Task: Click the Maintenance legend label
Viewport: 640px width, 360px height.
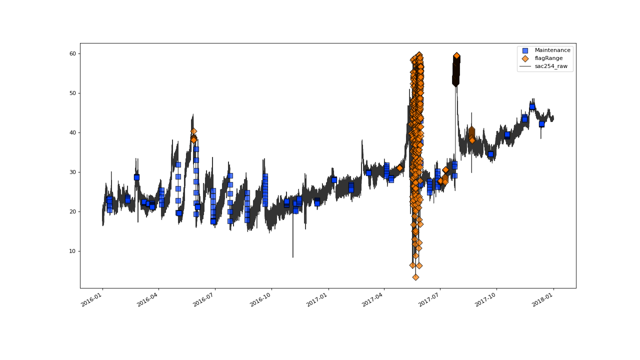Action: (x=552, y=50)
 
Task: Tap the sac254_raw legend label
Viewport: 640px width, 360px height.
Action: (x=551, y=66)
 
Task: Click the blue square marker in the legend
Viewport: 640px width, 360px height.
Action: (x=525, y=50)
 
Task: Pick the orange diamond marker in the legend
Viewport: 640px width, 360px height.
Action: (x=525, y=58)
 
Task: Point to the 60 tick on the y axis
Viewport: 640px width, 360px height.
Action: (x=73, y=53)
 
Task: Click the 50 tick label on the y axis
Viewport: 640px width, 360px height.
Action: (x=73, y=93)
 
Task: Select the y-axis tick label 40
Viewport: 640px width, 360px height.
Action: (x=73, y=132)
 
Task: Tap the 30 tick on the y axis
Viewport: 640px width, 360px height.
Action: (x=73, y=172)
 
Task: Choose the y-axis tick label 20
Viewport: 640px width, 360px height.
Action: (x=73, y=211)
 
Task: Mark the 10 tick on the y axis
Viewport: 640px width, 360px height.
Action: (x=73, y=251)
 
